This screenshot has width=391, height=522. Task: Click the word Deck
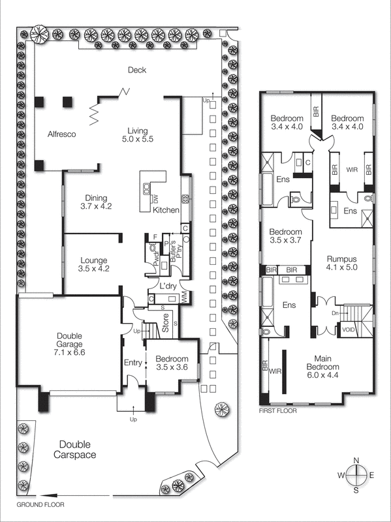(136, 70)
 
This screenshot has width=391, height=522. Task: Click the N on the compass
(356, 460)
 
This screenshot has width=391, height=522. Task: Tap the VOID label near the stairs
(349, 330)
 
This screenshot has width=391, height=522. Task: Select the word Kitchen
(166, 210)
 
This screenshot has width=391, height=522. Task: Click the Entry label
(133, 363)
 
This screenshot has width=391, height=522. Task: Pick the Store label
(166, 324)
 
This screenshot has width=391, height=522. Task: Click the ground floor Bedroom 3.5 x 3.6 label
(172, 363)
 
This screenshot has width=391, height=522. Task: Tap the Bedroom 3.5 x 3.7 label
(286, 236)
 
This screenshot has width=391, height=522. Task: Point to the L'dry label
(160, 286)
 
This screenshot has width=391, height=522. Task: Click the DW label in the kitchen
(155, 198)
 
